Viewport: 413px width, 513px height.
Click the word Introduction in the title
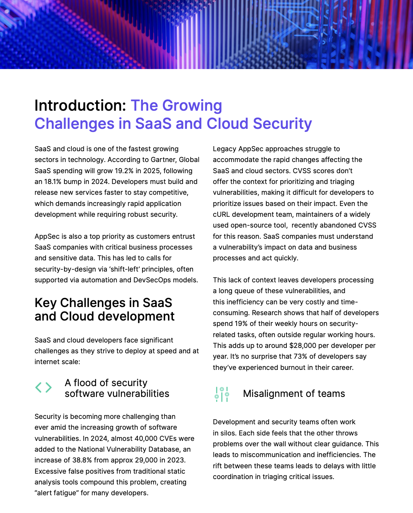pos(78,106)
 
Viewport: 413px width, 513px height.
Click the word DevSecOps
pos(152,280)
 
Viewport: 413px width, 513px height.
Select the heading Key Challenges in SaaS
pos(103,303)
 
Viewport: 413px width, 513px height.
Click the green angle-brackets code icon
pos(43,387)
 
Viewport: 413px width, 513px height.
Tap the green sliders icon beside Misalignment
pos(222,394)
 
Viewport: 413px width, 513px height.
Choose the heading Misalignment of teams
pos(294,394)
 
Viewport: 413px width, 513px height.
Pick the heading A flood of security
pos(106,383)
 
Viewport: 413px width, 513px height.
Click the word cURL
pos(222,214)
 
